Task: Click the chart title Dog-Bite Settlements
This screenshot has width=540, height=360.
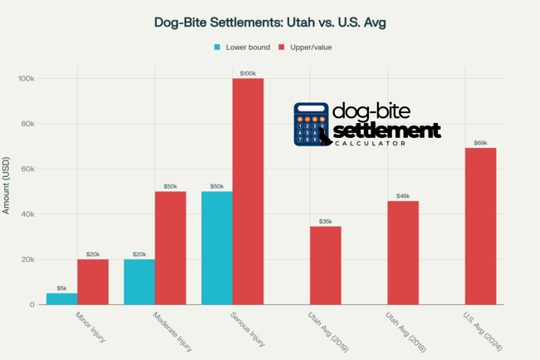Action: click(270, 22)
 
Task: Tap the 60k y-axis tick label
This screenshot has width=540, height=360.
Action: click(27, 170)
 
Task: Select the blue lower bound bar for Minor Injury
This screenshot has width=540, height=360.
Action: click(61, 298)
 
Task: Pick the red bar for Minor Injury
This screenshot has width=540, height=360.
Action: click(92, 282)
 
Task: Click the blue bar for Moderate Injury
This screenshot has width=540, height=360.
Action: click(139, 282)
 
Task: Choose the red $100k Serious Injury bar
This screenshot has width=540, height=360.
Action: click(247, 191)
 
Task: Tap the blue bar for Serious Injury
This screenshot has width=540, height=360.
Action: click(216, 248)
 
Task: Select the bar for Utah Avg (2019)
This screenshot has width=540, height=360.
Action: click(325, 265)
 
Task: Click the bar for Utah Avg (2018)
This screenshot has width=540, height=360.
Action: click(402, 253)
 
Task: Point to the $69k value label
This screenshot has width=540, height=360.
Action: click(480, 142)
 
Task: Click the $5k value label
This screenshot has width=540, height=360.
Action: click(61, 288)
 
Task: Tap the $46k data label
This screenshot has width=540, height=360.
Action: click(403, 195)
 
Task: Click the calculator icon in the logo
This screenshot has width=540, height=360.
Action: click(312, 125)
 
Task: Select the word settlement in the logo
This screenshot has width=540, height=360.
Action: click(386, 131)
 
